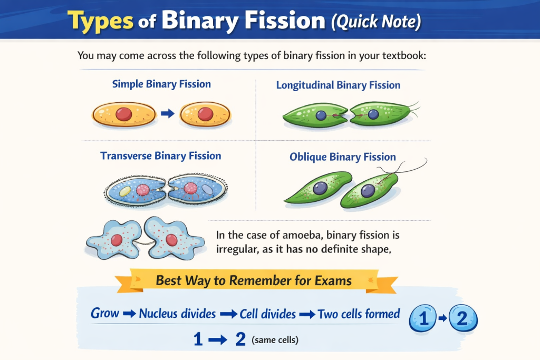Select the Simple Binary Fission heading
coord(161,84)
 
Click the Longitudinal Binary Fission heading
coord(338,85)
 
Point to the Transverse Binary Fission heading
coord(161,155)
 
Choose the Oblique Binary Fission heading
coord(343,157)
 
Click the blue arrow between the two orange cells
coord(167,113)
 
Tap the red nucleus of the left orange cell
coord(123,113)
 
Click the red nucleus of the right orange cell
coord(205,113)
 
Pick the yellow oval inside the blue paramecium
coord(124,192)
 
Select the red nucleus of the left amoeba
coord(117,240)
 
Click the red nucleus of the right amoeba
coord(171,240)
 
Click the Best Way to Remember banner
coord(253,280)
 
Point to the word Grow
coord(105,313)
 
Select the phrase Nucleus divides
coord(177,314)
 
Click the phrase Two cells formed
coord(359,314)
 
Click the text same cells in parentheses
coord(275,340)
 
